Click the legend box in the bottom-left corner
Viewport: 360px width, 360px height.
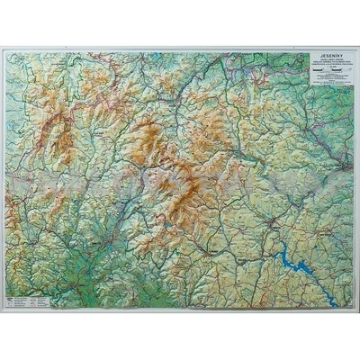coord(22,298)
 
